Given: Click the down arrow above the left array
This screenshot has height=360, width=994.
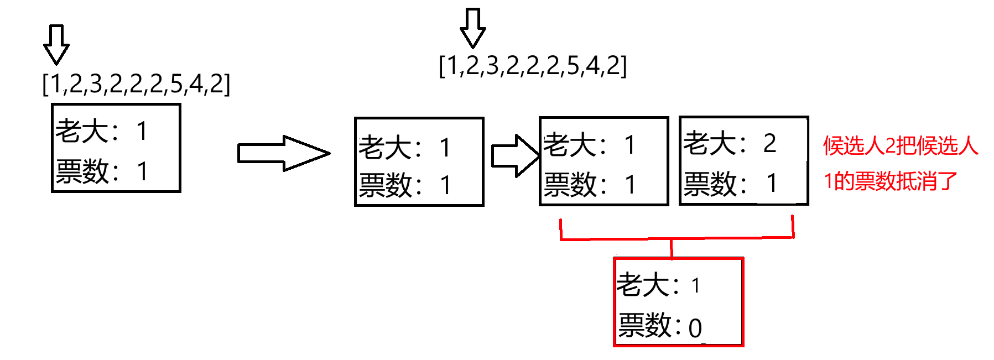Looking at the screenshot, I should click(x=56, y=44).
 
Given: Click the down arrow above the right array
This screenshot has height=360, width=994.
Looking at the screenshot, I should click(x=473, y=28).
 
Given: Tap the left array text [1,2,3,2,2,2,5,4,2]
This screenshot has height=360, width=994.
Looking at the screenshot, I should click(x=136, y=84).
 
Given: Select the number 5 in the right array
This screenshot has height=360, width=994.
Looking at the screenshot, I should click(x=573, y=66).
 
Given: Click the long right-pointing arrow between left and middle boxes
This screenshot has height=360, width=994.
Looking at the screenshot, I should click(x=283, y=153).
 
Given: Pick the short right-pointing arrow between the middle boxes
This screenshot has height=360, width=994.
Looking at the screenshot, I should click(x=515, y=155).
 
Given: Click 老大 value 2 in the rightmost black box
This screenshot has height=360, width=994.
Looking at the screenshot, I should click(x=769, y=144).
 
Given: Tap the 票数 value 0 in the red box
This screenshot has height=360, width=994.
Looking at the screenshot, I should click(x=695, y=328).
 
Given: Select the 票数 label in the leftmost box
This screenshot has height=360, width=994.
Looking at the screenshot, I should click(x=82, y=171).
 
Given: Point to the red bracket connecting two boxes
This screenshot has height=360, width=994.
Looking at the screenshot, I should click(x=676, y=238).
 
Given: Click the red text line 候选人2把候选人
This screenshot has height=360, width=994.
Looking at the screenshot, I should click(x=901, y=146).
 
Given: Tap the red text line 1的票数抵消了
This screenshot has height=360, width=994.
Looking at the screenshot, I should click(x=891, y=181).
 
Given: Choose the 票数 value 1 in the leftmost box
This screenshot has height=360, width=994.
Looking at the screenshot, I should click(x=143, y=171).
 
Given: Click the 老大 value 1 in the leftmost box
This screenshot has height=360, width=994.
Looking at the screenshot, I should click(x=142, y=132).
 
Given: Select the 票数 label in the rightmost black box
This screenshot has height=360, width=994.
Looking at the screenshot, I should click(x=710, y=184).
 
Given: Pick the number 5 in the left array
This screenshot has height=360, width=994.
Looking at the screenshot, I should click(x=176, y=84).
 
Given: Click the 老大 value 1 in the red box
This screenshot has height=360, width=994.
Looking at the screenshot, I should click(x=695, y=286).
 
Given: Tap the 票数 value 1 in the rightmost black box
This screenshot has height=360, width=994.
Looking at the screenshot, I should click(x=772, y=184).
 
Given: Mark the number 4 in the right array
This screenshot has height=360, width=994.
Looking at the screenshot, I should click(x=592, y=66).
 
